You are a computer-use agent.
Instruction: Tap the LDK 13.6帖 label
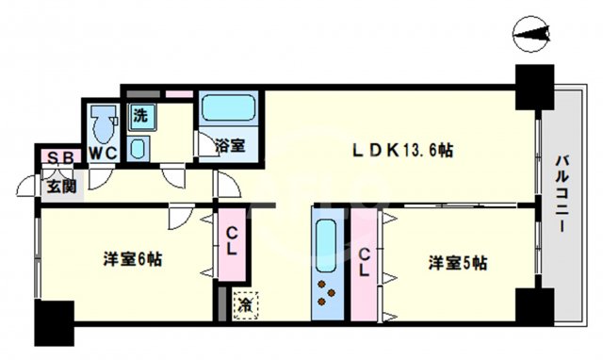404,150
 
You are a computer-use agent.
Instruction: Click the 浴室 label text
230,146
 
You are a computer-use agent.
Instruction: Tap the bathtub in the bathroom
229,107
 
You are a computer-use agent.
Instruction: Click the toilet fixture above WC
101,122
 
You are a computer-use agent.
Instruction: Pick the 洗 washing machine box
139,117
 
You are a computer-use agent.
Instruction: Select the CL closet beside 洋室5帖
364,260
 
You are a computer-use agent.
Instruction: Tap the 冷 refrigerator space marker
245,304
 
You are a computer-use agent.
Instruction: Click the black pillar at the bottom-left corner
54,323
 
